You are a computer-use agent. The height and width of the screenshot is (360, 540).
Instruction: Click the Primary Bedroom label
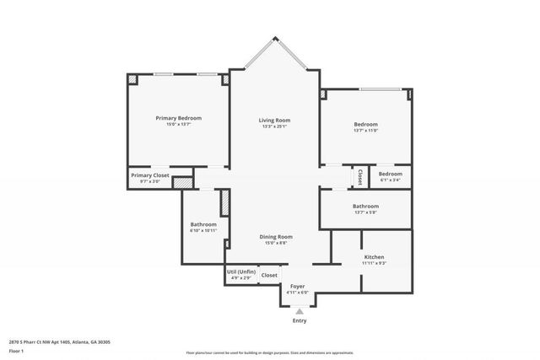[x=178, y=118]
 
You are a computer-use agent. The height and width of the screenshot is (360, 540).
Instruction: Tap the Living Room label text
[x=274, y=121]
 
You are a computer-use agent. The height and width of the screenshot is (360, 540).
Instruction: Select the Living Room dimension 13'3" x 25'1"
[x=274, y=127]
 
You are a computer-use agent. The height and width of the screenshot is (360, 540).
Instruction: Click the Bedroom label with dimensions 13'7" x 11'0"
[x=365, y=124]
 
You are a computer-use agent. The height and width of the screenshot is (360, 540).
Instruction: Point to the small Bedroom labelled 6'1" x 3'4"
[x=390, y=174]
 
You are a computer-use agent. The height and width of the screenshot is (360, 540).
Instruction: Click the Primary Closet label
[x=149, y=175]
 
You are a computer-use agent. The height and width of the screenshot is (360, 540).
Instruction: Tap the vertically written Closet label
[x=360, y=177]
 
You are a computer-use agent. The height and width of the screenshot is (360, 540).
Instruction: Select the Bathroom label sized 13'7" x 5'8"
[x=365, y=207]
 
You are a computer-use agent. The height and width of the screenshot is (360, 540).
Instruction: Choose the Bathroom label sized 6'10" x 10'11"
[x=203, y=224]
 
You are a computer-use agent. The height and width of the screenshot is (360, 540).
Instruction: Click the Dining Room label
[x=276, y=237]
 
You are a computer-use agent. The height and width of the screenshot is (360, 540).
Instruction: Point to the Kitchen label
[x=374, y=256]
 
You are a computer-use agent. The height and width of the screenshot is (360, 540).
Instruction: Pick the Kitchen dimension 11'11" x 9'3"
[x=374, y=263]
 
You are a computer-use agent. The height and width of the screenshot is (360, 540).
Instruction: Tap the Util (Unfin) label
[x=240, y=271]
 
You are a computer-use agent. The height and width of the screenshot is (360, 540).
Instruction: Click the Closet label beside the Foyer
[x=269, y=275]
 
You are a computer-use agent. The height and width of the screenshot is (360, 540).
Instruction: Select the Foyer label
[x=299, y=286]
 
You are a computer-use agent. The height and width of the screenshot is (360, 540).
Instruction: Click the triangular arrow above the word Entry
[x=299, y=311]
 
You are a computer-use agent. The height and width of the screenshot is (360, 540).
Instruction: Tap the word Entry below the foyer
[x=300, y=320]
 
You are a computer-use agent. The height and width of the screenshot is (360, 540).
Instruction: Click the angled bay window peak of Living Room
[x=274, y=37]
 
